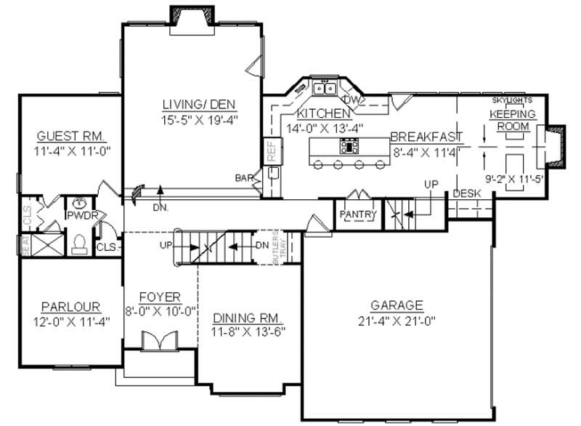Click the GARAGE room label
click(x=397, y=305)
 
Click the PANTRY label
click(x=357, y=214)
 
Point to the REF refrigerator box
click(x=271, y=151)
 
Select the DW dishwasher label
click(x=352, y=99)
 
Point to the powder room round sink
click(x=81, y=202)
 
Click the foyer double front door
click(x=158, y=341)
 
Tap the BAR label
click(x=243, y=177)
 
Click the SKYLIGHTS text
click(x=512, y=100)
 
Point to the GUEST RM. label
click(x=71, y=137)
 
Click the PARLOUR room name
click(x=70, y=307)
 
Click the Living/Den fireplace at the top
click(x=191, y=15)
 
